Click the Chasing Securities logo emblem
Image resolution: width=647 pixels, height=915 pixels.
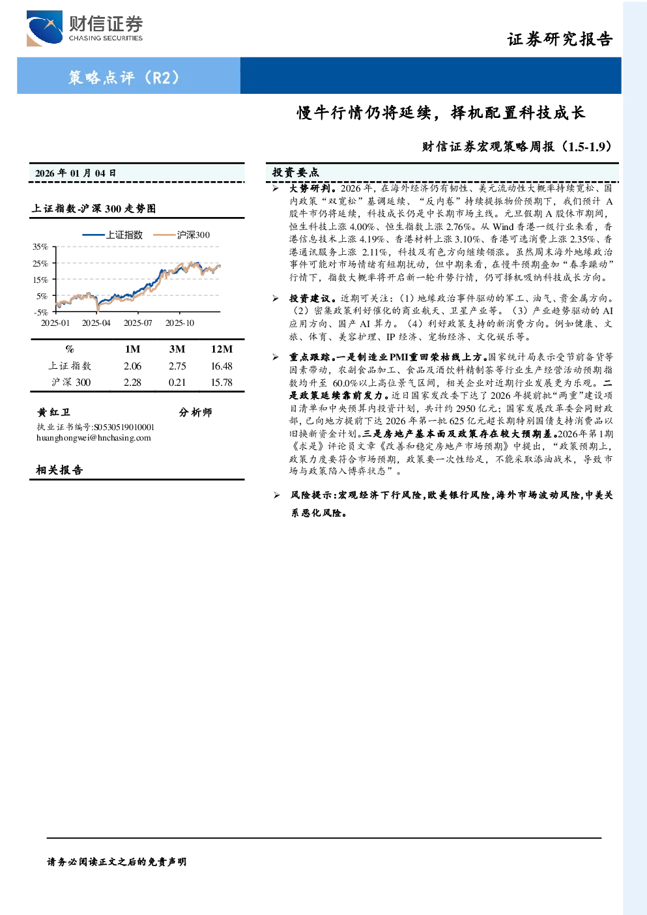pyautogui.click(x=44, y=28)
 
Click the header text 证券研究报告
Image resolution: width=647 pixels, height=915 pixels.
pyautogui.click(x=560, y=39)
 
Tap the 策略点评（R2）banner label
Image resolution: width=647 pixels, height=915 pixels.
pyautogui.click(x=123, y=77)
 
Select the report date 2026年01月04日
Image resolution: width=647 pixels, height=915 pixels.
pyautogui.click(x=76, y=173)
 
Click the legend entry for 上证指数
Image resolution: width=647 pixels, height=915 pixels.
pyautogui.click(x=112, y=235)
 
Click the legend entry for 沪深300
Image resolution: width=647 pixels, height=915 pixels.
pyautogui.click(x=181, y=235)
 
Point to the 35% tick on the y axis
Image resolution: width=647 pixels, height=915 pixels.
pyautogui.click(x=40, y=247)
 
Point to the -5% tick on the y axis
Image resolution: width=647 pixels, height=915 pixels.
pyautogui.click(x=41, y=312)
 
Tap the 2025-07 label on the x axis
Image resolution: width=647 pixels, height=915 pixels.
pyautogui.click(x=138, y=323)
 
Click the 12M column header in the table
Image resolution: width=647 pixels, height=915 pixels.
pyautogui.click(x=222, y=349)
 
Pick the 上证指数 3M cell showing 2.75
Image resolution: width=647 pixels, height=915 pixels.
pyautogui.click(x=177, y=366)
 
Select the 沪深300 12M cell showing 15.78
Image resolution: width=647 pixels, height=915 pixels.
pyautogui.click(x=222, y=383)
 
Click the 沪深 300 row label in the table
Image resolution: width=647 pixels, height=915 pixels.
pyautogui.click(x=71, y=383)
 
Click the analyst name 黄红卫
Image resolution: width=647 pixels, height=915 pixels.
pyautogui.click(x=54, y=412)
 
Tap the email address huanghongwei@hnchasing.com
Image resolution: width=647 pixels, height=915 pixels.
pyautogui.click(x=94, y=438)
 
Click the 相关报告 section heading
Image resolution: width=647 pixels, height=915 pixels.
pyautogui.click(x=59, y=470)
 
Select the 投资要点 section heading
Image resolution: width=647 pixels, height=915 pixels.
pyautogui.click(x=296, y=173)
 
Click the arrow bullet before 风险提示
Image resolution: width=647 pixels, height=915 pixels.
pyautogui.click(x=276, y=495)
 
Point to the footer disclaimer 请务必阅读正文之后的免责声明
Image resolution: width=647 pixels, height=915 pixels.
pyautogui.click(x=117, y=862)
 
